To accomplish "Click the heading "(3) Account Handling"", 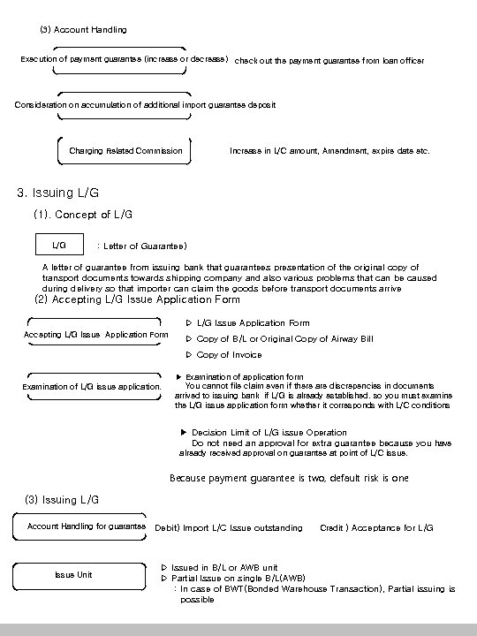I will tap(83, 30).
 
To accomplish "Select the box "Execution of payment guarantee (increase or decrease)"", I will tap(124, 59).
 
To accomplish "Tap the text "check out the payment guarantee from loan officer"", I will tap(329, 61).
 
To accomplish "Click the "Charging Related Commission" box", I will tap(125, 151).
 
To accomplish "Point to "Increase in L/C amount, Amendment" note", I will tap(329, 151).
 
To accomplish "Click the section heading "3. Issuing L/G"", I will tap(58, 193).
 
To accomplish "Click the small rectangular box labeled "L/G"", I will tap(59, 245).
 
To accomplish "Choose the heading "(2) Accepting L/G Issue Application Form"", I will tap(136, 299).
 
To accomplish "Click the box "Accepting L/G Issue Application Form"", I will tap(95, 335).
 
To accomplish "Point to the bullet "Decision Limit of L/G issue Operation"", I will tap(262, 433).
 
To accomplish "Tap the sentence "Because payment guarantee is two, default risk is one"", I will tap(288, 479).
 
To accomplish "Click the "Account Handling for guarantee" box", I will tap(87, 526).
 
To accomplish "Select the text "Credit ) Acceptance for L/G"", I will tap(376, 528).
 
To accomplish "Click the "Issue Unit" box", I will tap(73, 575).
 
